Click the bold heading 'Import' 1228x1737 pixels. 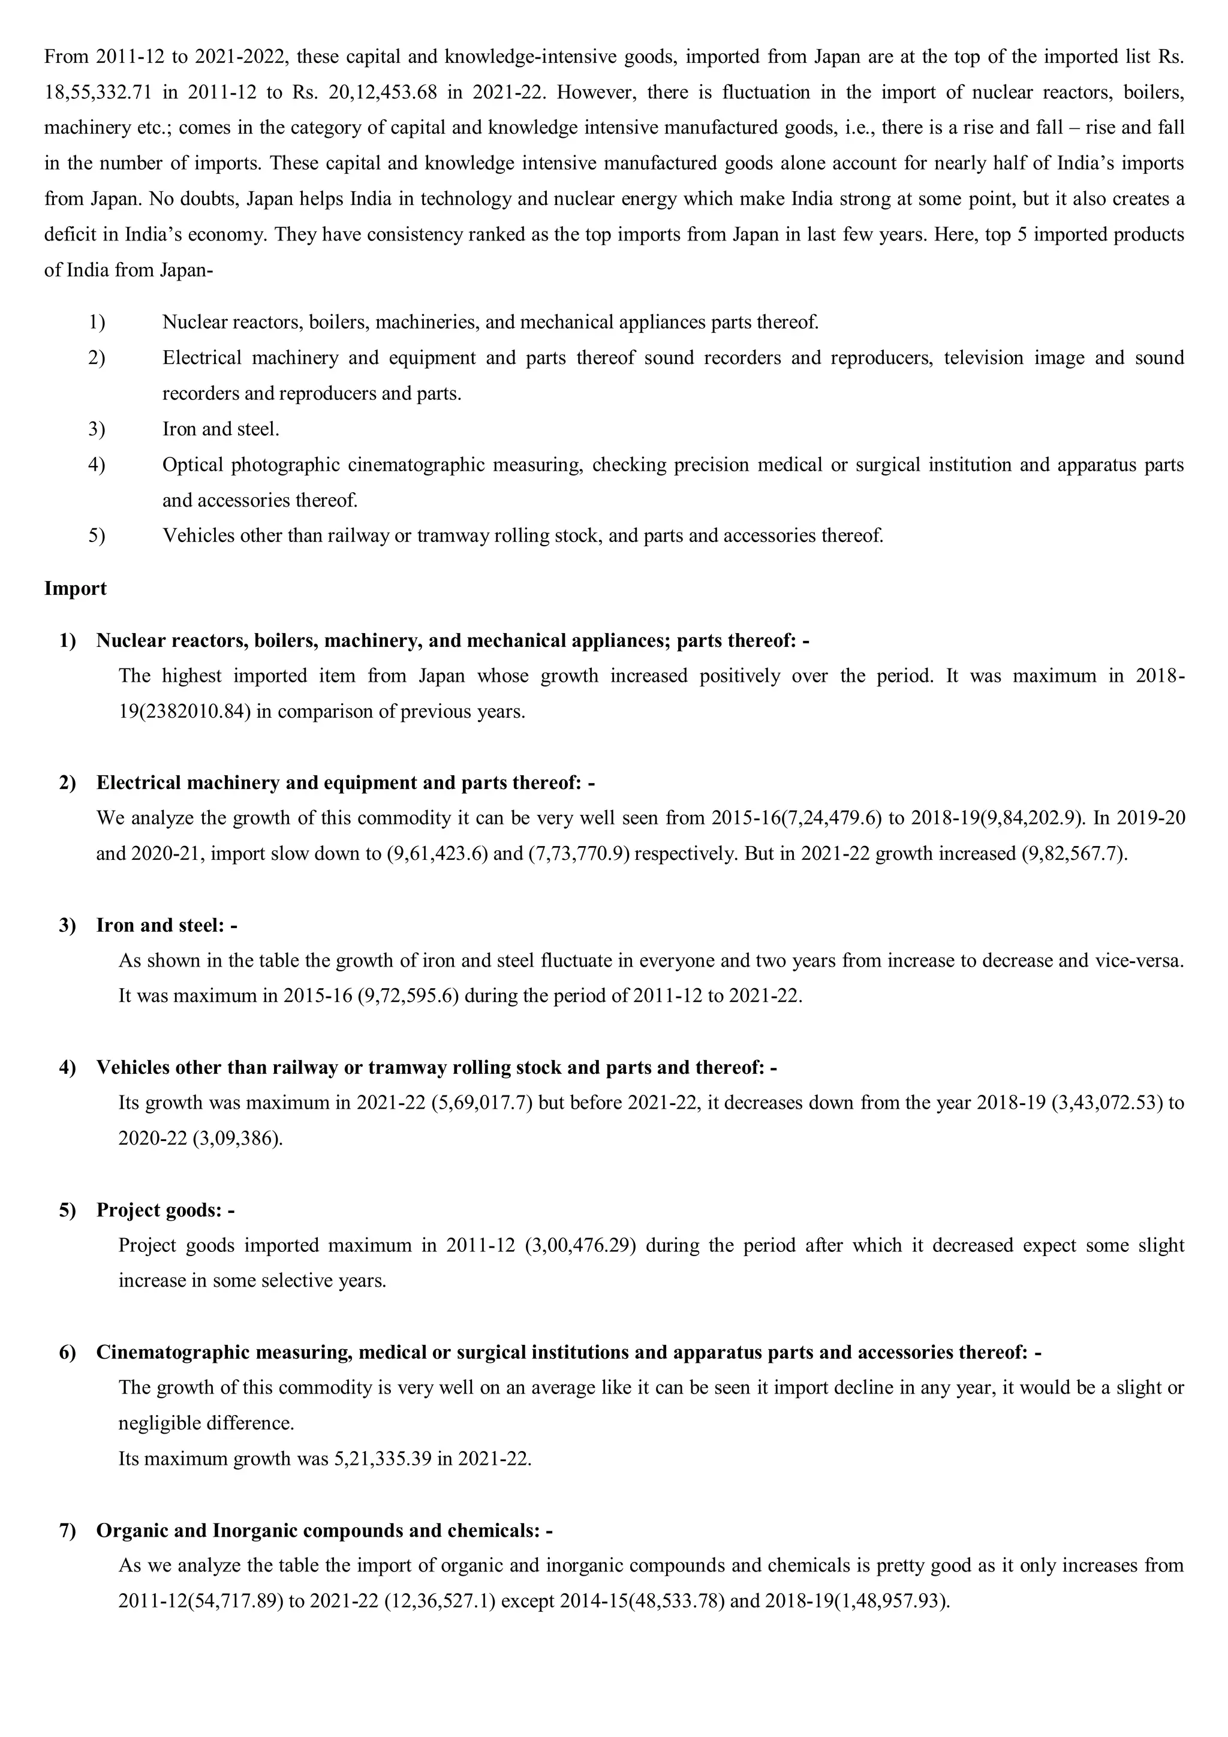pyautogui.click(x=75, y=589)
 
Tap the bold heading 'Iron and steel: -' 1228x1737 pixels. pyautogui.click(x=167, y=925)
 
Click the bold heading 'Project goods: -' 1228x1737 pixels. pyautogui.click(x=165, y=1210)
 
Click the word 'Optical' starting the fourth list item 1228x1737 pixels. pyautogui.click(x=192, y=465)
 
